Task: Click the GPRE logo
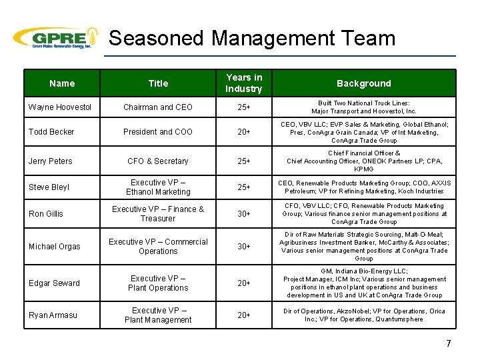(x=56, y=38)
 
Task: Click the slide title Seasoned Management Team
(x=252, y=38)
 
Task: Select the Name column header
(x=62, y=83)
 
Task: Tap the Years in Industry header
(x=244, y=83)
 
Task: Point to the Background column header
(x=363, y=83)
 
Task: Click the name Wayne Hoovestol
(x=60, y=107)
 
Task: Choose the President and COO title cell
(x=158, y=132)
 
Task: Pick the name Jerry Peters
(x=51, y=161)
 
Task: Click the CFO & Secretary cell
(x=158, y=161)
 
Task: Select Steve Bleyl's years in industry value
(x=244, y=187)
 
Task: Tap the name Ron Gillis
(x=47, y=214)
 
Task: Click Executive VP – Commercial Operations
(x=158, y=247)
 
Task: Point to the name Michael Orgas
(x=55, y=247)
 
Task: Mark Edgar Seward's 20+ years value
(x=244, y=283)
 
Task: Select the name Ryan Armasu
(x=53, y=315)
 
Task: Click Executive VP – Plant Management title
(x=158, y=315)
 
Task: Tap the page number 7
(x=448, y=344)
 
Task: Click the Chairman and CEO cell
(x=158, y=107)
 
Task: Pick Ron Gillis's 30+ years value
(x=244, y=214)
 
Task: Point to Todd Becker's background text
(x=363, y=132)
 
